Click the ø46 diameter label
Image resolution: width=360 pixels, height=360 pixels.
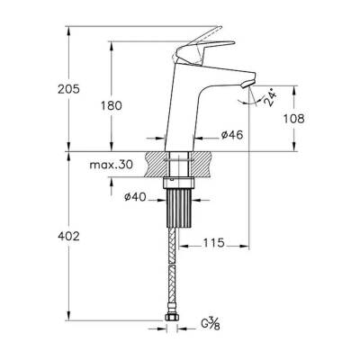point(234,136)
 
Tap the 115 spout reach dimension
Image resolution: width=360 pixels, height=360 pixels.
point(211,244)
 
